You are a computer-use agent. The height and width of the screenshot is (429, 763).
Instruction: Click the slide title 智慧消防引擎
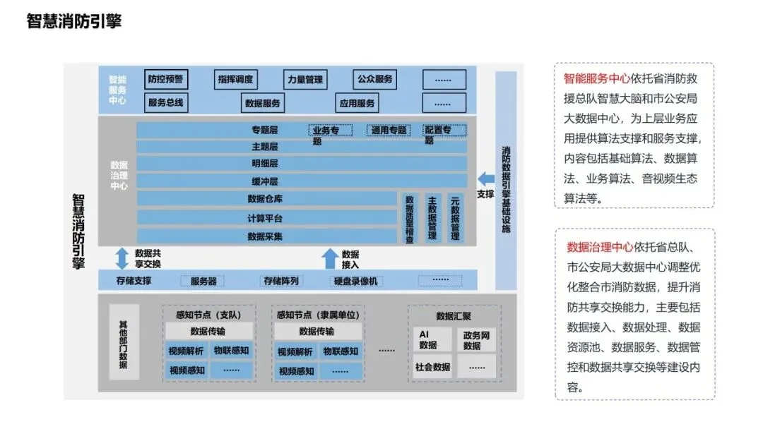74,21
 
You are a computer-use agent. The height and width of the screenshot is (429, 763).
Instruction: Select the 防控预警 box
165,79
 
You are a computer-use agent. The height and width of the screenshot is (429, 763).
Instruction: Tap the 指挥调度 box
235,79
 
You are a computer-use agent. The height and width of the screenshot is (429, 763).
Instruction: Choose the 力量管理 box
304,80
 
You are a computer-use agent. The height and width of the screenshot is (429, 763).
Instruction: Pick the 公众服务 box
374,79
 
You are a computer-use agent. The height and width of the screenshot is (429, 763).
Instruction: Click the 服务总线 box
165,103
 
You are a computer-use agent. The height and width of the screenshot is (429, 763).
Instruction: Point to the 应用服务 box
357,103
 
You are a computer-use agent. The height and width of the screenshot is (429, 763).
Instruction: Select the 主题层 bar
265,147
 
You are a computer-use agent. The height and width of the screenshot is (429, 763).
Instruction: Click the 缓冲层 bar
265,181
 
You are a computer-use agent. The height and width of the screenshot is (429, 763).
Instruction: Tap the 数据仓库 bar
265,199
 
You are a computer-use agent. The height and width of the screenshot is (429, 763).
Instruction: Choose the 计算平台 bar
265,218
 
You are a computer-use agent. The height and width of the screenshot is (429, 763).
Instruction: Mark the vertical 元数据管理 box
455,219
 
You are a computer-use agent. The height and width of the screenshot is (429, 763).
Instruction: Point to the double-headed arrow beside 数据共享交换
122,258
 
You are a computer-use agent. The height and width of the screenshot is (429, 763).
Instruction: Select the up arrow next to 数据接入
329,258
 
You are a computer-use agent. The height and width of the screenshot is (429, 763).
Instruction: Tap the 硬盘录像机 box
357,281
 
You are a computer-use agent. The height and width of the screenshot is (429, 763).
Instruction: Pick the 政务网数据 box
476,340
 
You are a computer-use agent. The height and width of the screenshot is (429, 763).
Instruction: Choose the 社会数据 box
432,367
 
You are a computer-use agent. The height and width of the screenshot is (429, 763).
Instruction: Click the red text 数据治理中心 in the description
601,247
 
